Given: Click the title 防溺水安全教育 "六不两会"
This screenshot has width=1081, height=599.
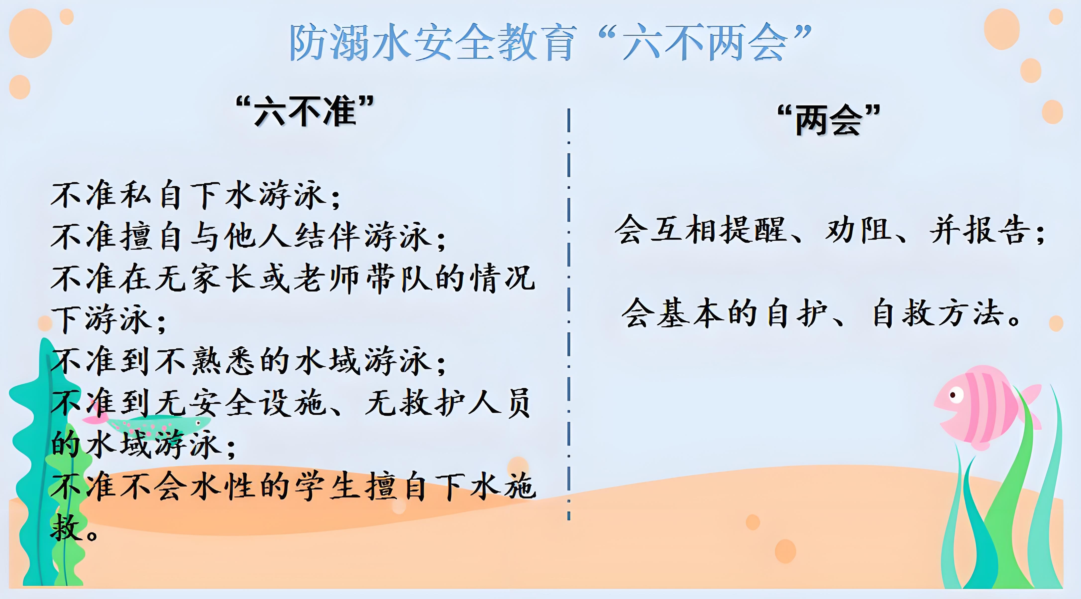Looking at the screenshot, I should click(550, 42).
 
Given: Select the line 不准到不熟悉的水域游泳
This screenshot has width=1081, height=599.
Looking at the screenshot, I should click(248, 361).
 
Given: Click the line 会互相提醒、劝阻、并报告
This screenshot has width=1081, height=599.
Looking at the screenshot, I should click(829, 230).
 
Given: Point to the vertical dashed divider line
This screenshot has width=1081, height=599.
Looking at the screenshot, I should click(569, 315).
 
